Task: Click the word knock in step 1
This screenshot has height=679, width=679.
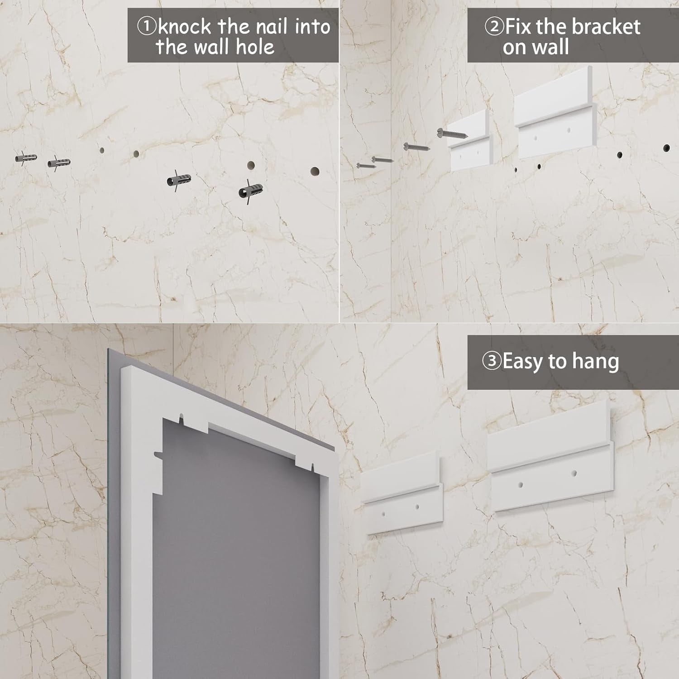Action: pos(184,27)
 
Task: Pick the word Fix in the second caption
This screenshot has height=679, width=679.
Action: pos(518,27)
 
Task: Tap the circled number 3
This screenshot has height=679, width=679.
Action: pos(491,362)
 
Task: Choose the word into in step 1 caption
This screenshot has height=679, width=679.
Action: pos(312,27)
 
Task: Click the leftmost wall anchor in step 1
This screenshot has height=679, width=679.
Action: pos(26,158)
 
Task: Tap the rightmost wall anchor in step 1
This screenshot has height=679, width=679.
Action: pos(250,191)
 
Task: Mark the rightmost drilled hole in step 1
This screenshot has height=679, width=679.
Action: pos(315,172)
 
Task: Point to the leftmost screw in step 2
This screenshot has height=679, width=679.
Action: pos(366,165)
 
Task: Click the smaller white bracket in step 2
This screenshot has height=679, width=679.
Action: pos(470,141)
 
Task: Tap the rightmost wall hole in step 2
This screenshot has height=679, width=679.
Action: pos(666,148)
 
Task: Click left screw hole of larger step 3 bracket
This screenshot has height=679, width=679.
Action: pos(521,485)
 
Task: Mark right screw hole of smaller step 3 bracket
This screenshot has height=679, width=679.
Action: pos(417,507)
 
